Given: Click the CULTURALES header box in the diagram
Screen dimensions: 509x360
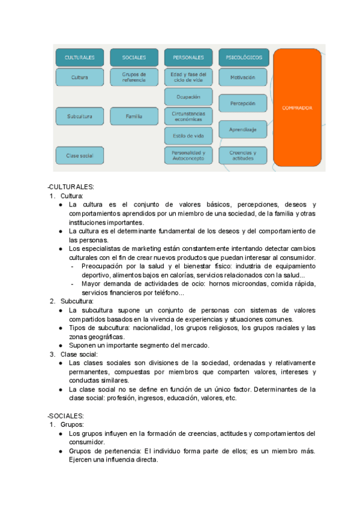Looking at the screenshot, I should click(79, 58).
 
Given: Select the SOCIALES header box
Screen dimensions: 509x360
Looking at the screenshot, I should click(134, 58).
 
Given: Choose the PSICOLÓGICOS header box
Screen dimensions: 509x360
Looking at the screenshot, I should click(243, 58).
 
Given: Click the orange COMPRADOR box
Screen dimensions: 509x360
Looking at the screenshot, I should click(297, 108).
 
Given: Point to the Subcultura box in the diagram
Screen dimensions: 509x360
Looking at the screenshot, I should click(79, 116).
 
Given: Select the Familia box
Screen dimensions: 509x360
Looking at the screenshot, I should click(134, 116).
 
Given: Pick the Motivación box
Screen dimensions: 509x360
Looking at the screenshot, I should click(243, 77).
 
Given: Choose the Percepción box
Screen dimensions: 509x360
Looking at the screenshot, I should click(243, 103).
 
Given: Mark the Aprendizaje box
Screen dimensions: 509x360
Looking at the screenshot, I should click(243, 129).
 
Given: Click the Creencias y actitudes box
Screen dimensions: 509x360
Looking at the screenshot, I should click(243, 155).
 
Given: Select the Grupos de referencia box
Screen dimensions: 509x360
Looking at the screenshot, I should click(134, 77).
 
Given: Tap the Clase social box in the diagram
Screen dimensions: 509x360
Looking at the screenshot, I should click(79, 155).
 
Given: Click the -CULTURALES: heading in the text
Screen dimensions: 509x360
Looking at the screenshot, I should click(68, 186).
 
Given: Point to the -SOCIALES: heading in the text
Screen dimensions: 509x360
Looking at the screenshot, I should click(65, 415).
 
